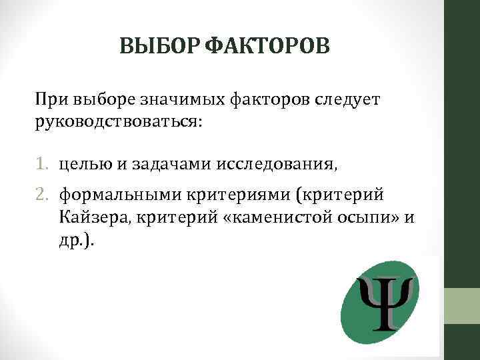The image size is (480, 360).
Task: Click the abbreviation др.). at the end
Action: (x=77, y=240)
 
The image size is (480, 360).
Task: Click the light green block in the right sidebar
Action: (x=462, y=307)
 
